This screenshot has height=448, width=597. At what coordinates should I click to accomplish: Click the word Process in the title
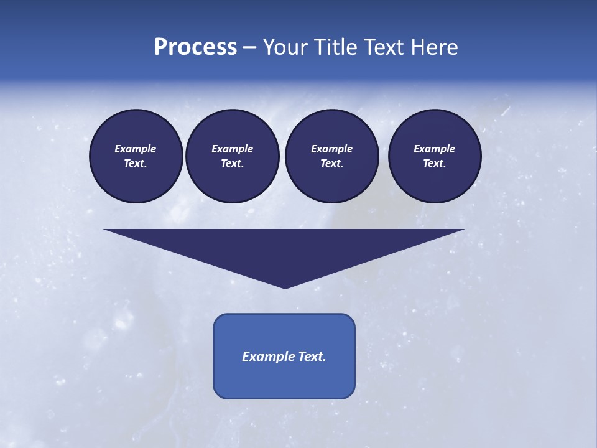(195, 47)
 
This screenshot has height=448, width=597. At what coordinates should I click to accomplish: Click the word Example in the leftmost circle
(136, 149)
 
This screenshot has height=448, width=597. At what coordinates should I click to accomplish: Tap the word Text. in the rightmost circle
(434, 163)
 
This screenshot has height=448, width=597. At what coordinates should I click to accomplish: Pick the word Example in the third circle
(331, 149)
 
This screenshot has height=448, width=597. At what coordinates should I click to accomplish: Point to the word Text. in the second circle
(232, 163)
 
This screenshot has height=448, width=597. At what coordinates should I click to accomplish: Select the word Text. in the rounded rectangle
(312, 357)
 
